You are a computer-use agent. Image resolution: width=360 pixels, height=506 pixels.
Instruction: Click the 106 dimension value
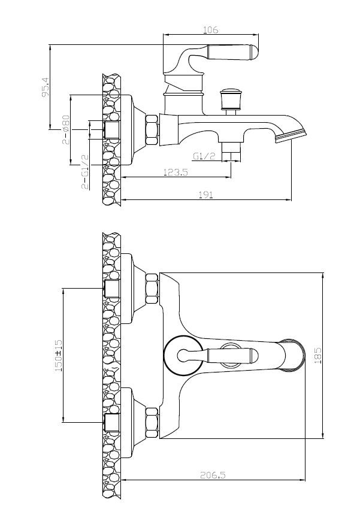pos(210,30)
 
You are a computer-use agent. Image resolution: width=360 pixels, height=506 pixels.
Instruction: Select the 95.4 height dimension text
pos(45,87)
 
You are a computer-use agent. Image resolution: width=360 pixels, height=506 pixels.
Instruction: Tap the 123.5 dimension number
pos(176,172)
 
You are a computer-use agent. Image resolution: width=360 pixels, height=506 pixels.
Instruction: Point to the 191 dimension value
pos(206,195)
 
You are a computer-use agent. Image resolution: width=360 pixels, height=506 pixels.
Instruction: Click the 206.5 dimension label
pos(213,475)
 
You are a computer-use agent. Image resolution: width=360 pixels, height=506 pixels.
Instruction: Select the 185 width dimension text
pos(318,355)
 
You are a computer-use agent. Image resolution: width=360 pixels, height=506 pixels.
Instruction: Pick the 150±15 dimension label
pos(59,355)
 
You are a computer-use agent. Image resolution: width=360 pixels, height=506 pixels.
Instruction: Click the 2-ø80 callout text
pos(66,129)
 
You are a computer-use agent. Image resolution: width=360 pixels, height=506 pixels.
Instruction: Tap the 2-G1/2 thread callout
pos(84,171)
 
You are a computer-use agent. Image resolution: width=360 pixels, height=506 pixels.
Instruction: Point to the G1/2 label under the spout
pos(204,156)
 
